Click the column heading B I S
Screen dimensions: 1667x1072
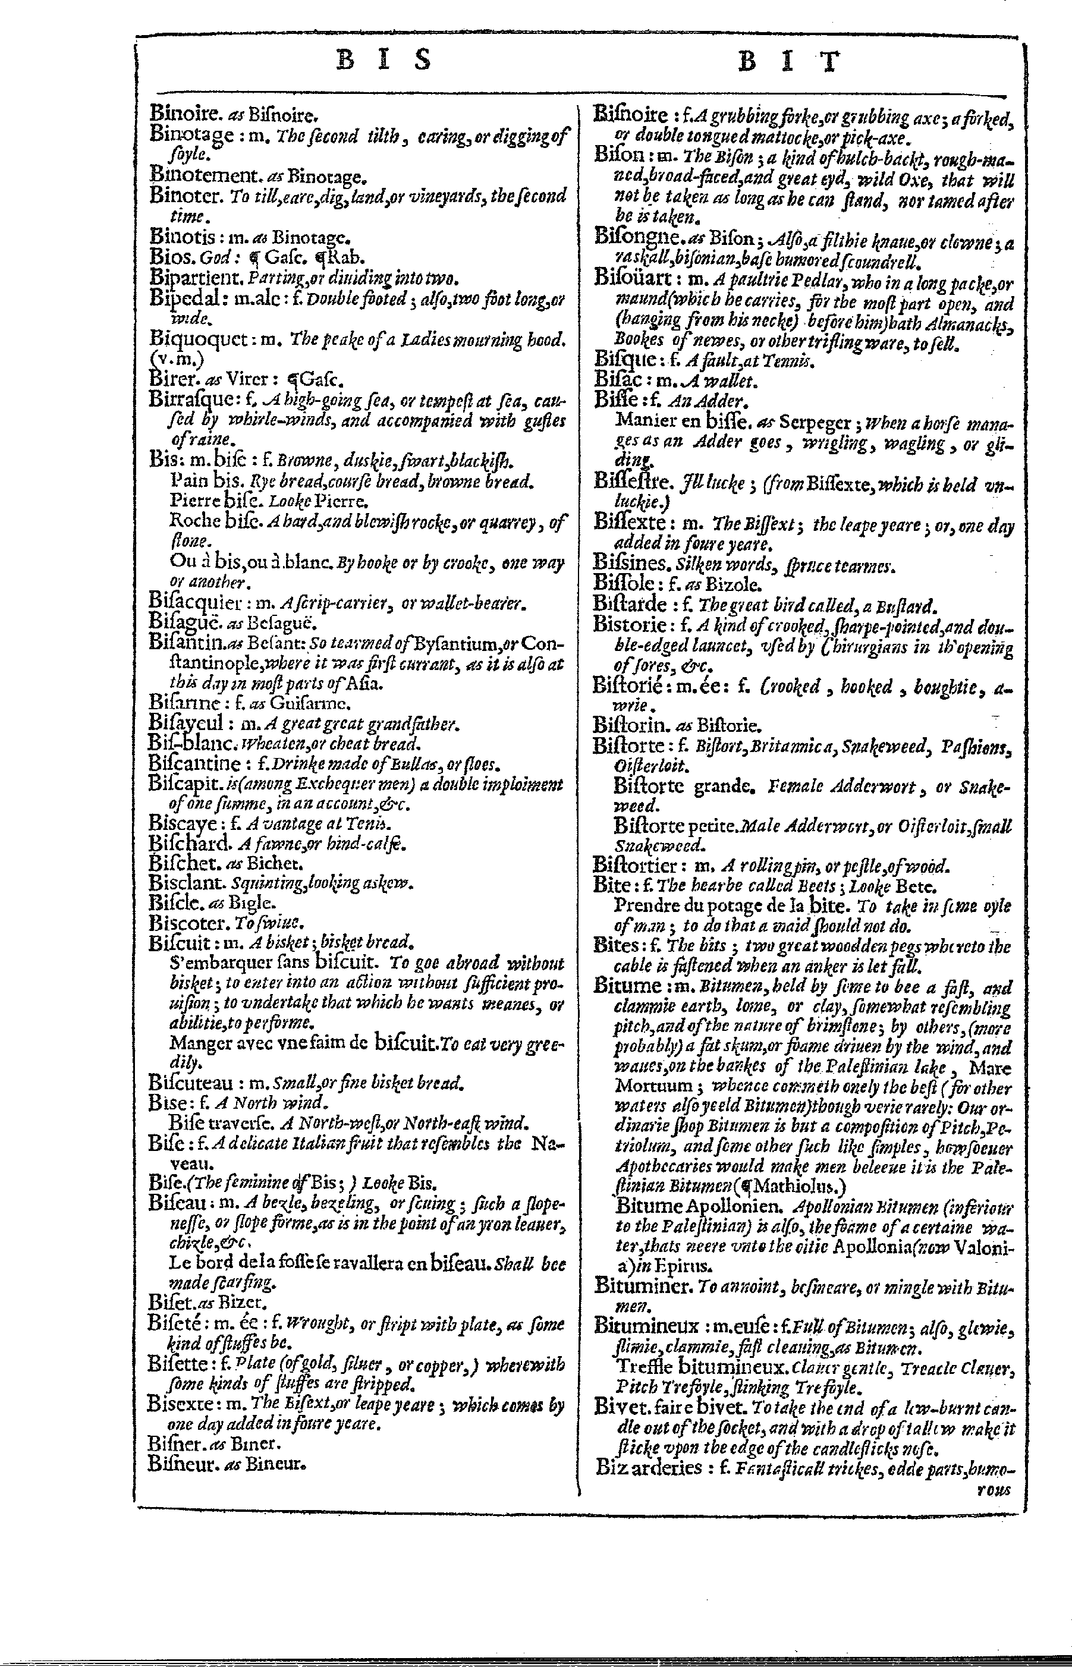383,61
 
